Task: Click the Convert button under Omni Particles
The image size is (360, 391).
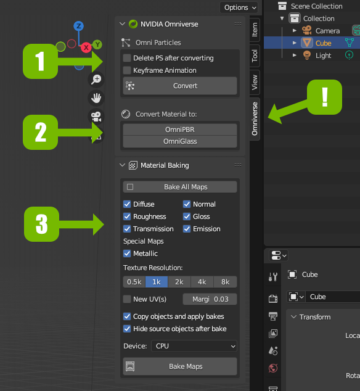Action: click(x=180, y=86)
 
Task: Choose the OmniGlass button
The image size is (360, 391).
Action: click(x=180, y=141)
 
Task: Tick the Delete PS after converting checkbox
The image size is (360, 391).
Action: click(x=127, y=58)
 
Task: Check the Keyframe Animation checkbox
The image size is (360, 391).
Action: click(x=127, y=70)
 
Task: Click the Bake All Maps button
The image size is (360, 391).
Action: click(x=180, y=187)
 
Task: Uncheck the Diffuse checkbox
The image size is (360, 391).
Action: click(x=127, y=204)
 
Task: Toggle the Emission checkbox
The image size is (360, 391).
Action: click(x=187, y=229)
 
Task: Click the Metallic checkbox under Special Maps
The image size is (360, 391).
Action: click(x=127, y=253)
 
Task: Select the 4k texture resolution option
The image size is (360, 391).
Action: click(x=202, y=282)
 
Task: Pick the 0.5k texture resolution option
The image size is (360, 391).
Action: click(x=134, y=282)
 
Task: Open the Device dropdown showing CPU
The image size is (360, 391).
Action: click(x=194, y=346)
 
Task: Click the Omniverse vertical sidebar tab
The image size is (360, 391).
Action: click(x=255, y=119)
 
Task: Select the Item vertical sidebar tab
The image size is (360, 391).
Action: click(x=255, y=30)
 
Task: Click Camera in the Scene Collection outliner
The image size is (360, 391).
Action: click(x=327, y=31)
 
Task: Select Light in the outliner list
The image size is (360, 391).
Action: click(x=323, y=56)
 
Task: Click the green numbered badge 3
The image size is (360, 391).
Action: click(x=42, y=224)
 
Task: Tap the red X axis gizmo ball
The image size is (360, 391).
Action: click(x=86, y=47)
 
